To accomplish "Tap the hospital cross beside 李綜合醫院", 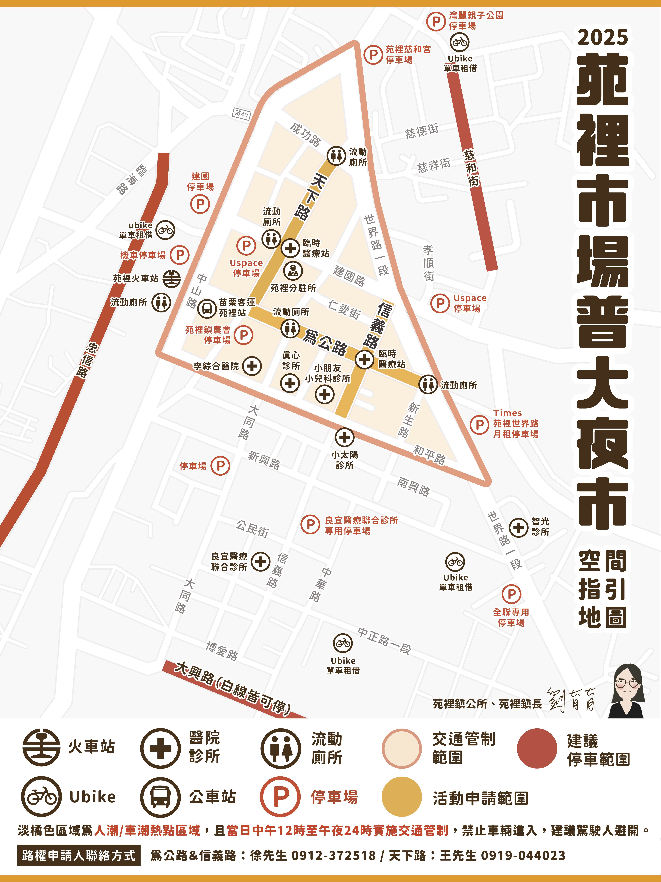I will pyautogui.click(x=252, y=366).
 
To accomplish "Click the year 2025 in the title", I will pyautogui.click(x=602, y=37).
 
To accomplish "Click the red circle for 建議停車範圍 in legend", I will pyautogui.click(x=537, y=748).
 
